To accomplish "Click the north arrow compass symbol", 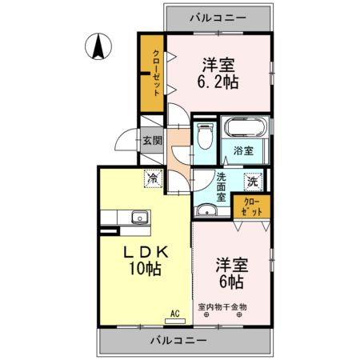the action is tap(98, 46).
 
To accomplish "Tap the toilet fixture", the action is tap(205, 136).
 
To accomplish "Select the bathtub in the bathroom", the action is tap(246, 127).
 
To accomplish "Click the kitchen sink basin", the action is tap(140, 217).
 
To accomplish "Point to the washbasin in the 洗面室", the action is tap(206, 210).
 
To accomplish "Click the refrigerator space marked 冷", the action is tap(153, 178).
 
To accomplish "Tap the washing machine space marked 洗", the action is tap(253, 182).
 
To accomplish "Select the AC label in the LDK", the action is tap(175, 314).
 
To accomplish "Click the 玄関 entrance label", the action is tap(153, 141).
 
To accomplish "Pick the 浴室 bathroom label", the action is tap(243, 151).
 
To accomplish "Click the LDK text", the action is tap(146, 252).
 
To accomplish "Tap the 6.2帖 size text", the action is tap(218, 82).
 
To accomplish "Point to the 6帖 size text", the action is tap(231, 282).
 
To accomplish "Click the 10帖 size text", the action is tap(146, 269).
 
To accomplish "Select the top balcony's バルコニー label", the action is tap(218, 18).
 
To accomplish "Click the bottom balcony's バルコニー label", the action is tap(178, 341).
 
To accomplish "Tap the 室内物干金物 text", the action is tap(222, 307).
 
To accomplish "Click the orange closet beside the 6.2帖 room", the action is tap(152, 73).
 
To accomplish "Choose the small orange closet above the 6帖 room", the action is tap(252, 206).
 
